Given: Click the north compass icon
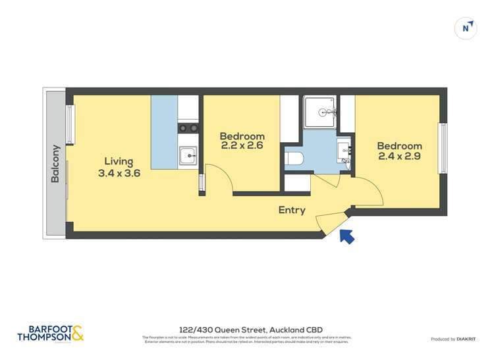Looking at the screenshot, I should [x=466, y=28].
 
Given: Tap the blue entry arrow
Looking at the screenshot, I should [x=346, y=236].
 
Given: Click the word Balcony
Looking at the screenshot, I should [x=56, y=164].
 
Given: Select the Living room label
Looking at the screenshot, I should [x=119, y=161].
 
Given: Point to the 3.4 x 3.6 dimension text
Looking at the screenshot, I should [x=119, y=173].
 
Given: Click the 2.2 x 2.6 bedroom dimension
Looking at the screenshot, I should [x=242, y=145].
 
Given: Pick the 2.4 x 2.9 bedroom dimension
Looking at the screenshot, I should [x=399, y=157].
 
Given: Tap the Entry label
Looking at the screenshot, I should [x=292, y=211].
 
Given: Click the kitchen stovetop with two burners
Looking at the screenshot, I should [x=188, y=128].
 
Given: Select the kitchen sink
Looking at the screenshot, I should [x=188, y=156].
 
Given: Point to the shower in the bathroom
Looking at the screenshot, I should [x=319, y=110].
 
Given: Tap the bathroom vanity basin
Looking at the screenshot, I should [x=344, y=149].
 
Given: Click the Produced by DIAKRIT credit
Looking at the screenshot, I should [x=453, y=339].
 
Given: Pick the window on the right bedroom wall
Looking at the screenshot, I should [x=443, y=148].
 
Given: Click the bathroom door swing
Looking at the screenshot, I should [x=328, y=181].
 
